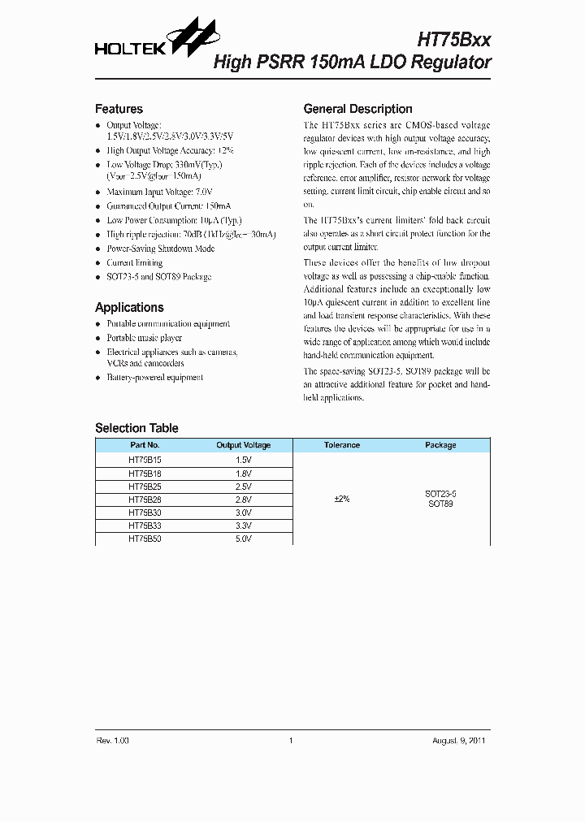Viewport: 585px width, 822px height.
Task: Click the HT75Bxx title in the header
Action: (453, 40)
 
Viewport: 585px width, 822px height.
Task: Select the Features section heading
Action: (119, 109)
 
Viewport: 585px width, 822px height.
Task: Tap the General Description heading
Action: (357, 109)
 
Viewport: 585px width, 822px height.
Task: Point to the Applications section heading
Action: (129, 307)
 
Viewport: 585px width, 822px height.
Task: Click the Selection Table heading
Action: (136, 428)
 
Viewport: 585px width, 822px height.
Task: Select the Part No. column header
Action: (145, 445)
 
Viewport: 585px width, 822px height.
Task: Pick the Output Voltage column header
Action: (243, 445)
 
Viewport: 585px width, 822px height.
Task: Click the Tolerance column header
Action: (341, 445)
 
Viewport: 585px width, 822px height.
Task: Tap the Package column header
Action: (440, 445)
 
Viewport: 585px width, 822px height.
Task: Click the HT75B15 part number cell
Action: (145, 459)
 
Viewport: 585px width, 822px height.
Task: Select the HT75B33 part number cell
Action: (145, 526)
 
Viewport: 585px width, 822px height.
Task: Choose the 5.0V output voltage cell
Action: (243, 539)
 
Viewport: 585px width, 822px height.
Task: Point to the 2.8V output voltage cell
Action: (243, 499)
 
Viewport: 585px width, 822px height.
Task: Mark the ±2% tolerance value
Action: (341, 499)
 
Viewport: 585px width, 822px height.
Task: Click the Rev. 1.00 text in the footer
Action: (112, 740)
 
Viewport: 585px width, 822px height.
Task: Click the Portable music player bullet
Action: (144, 337)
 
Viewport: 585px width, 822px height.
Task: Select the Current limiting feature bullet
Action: (134, 263)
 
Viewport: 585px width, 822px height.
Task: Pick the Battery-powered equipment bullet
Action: (154, 377)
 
